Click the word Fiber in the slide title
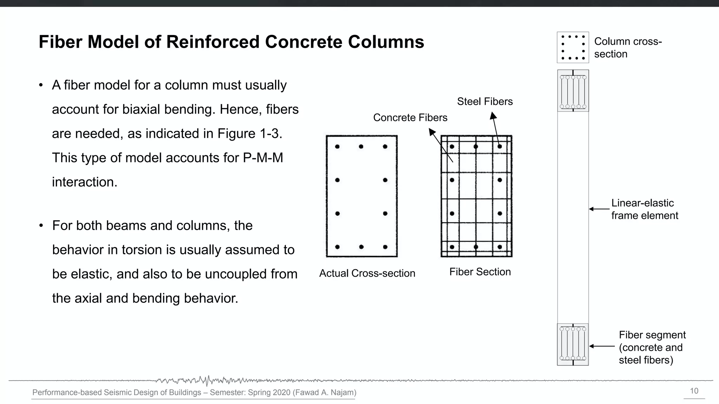coord(60,42)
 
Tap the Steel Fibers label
coord(484,102)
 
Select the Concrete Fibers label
coord(410,118)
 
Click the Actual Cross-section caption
coord(367,274)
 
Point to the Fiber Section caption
coord(480,272)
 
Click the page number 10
coord(694,391)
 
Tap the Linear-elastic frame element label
coord(645,209)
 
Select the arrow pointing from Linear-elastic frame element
coord(599,209)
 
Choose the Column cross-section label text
coord(628,48)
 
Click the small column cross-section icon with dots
coord(573,47)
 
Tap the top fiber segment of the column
coord(573,91)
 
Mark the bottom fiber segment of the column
coord(573,344)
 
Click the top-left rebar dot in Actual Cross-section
coord(337,147)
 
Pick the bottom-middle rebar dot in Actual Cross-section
coord(361,247)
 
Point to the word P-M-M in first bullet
coord(263,158)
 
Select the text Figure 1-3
coord(250,134)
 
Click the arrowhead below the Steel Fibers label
coord(493,116)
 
